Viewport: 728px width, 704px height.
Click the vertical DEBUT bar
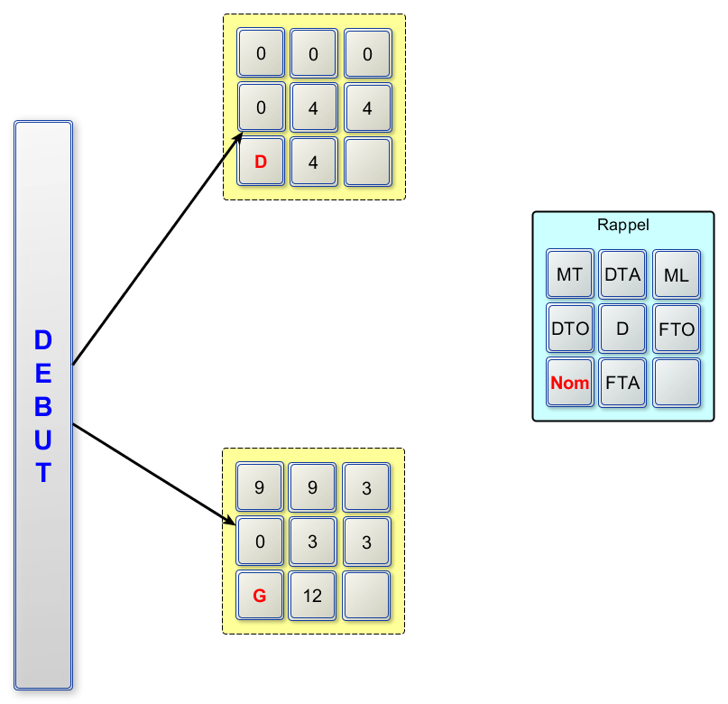43,404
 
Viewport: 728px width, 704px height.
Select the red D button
261,162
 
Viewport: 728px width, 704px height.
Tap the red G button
260,595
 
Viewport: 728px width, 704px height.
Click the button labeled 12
313,595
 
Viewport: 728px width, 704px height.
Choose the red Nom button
569,383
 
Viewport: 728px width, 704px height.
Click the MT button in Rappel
569,275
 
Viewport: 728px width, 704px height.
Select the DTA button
622,275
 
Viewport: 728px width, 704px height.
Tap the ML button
676,275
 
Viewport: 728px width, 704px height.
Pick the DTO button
569,329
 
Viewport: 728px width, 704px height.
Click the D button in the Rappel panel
622,329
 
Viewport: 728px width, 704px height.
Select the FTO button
676,329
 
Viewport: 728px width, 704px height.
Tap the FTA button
622,383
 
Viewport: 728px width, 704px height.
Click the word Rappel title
622,225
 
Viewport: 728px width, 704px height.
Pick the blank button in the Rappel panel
676,383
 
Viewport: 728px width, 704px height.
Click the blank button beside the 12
366,595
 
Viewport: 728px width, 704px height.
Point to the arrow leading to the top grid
158,248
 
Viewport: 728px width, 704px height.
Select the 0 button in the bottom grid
260,542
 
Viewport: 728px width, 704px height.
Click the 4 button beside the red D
313,162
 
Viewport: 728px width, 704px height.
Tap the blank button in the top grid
367,162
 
